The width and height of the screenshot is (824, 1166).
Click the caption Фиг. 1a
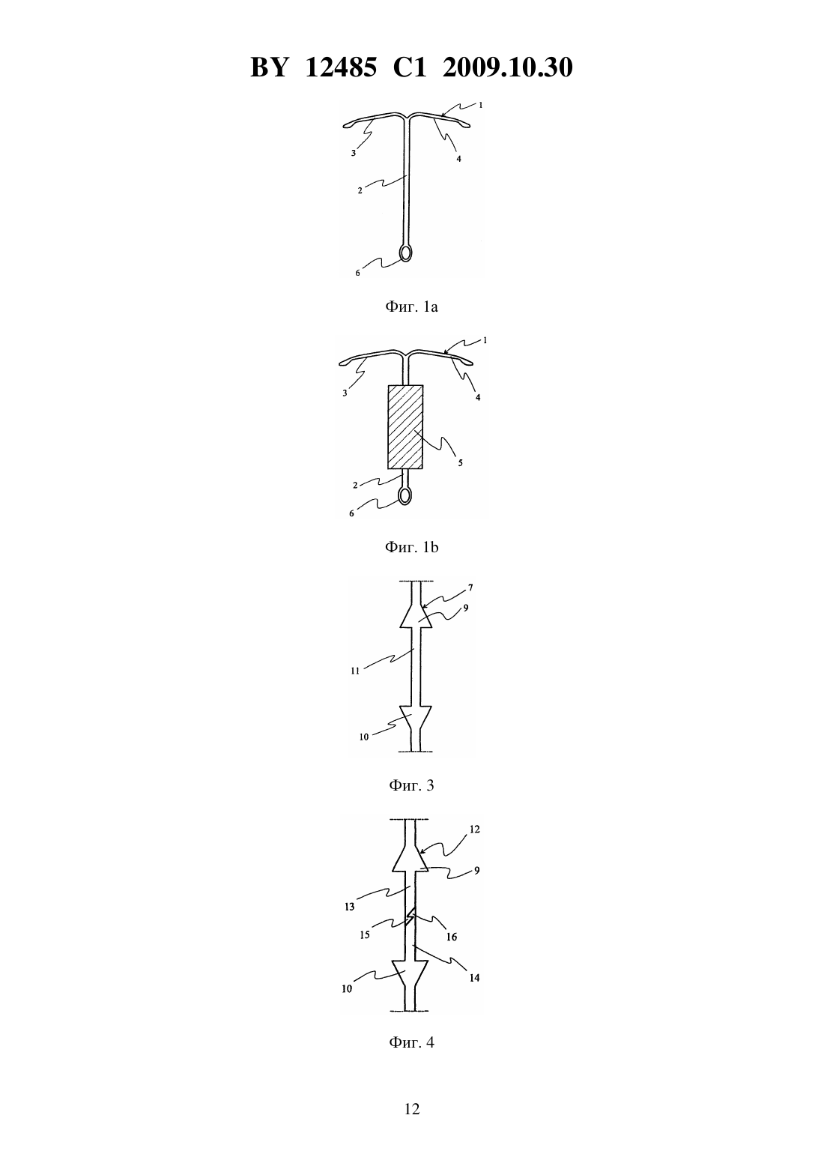click(411, 306)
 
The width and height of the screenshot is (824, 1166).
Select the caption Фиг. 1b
click(411, 547)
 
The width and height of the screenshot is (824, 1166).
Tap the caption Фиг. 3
click(411, 785)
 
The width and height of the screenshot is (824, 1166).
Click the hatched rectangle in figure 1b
click(405, 427)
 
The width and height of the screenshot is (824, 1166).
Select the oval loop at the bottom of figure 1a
click(406, 253)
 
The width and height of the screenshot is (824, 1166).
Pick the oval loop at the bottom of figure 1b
click(405, 495)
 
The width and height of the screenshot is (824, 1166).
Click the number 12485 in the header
click(341, 67)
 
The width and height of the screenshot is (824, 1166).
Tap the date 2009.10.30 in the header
click(508, 67)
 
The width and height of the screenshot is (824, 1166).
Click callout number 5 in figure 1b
click(460, 463)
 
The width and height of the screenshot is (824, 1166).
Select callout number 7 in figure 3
click(470, 587)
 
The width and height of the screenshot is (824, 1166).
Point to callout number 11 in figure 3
click(355, 671)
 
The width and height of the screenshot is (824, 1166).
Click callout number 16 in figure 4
click(452, 937)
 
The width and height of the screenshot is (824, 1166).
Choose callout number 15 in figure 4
click(366, 935)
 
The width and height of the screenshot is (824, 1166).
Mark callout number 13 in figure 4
click(350, 907)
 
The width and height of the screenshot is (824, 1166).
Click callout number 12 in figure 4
click(474, 830)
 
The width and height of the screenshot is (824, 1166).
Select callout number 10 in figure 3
click(364, 737)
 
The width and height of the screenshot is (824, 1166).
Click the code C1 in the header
click(410, 67)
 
